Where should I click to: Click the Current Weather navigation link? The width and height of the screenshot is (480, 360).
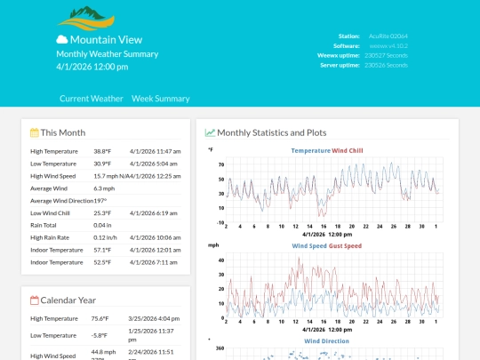pos(92,99)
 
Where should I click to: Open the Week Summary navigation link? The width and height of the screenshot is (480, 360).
pos(161,99)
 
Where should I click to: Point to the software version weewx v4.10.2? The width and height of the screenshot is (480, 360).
pos(388,45)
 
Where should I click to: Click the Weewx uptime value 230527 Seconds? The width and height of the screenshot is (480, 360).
pos(388,55)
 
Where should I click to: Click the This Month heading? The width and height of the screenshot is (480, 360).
pos(62,132)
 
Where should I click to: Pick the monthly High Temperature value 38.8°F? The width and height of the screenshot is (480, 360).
pos(102,151)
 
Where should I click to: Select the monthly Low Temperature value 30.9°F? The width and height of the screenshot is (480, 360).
pos(102,164)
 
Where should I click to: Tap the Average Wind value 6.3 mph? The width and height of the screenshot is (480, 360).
pos(104,188)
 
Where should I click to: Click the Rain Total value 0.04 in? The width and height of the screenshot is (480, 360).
pos(103,225)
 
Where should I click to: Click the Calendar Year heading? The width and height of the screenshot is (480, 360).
pos(68,300)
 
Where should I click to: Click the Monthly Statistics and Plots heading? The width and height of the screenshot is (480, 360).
pos(271,132)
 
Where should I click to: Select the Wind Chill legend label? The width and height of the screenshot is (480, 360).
pos(348,151)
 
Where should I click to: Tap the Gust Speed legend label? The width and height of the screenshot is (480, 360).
pos(346,245)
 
